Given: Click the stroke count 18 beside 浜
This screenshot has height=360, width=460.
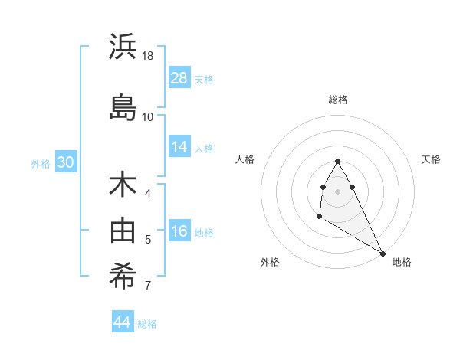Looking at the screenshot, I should (149, 56).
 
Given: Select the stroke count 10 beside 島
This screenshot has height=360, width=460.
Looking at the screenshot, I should (148, 117).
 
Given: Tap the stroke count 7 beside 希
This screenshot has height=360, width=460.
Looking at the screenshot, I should (148, 286).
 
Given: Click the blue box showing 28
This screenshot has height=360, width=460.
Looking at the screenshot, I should (179, 78).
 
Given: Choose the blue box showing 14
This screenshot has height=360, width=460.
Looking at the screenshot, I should (179, 147).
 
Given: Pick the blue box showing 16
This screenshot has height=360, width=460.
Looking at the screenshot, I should (179, 231).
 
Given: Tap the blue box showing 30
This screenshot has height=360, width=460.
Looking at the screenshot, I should (65, 162).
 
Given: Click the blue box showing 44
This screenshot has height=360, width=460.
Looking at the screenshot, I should (123, 322).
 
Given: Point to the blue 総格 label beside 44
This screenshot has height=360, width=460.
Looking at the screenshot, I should (147, 324).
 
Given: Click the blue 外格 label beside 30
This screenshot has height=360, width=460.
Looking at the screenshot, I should (41, 164).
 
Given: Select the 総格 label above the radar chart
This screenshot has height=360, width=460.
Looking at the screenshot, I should (338, 100).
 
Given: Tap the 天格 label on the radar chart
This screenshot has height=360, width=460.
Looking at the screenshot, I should (432, 159).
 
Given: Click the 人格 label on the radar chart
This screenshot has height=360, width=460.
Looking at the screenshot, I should (245, 159).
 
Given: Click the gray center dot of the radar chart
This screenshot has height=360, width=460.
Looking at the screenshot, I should (338, 191).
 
